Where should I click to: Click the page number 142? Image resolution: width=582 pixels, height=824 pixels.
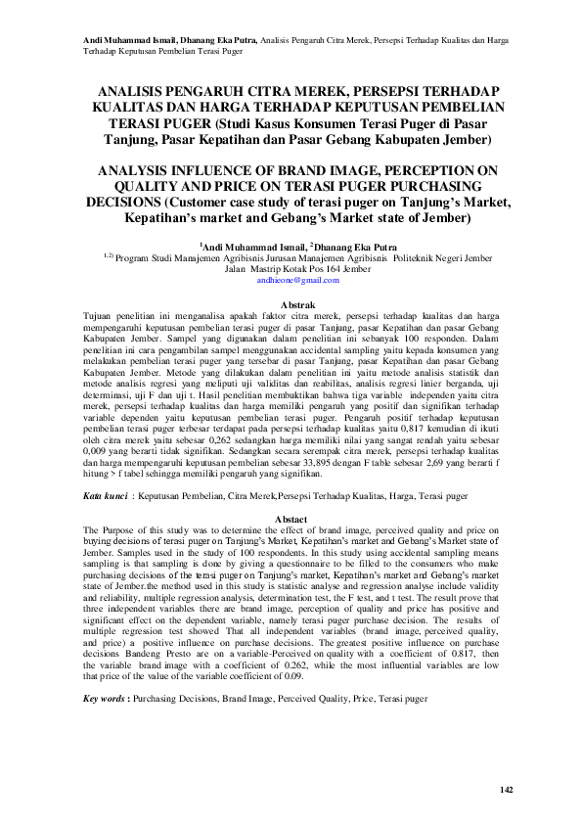(506, 790)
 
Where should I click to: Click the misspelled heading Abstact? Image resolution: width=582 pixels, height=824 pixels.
(291, 518)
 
